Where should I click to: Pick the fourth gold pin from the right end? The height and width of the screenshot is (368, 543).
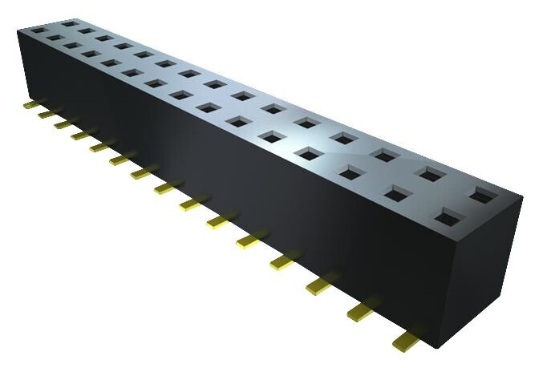point(286,260)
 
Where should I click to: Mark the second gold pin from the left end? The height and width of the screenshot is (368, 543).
point(44,114)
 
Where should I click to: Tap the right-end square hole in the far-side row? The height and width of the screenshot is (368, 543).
point(484,193)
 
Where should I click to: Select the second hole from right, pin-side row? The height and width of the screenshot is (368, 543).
point(398,192)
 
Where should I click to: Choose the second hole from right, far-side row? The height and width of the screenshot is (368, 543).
point(432,172)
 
